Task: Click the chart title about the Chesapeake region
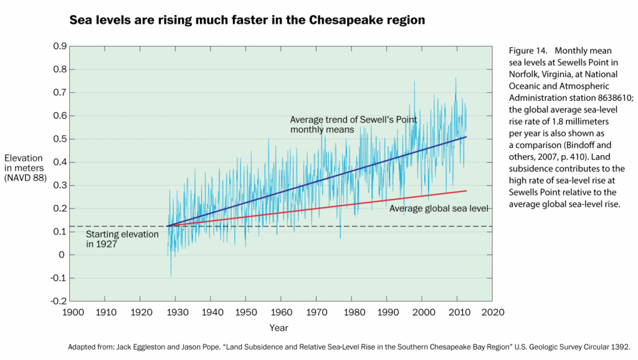point(247,21)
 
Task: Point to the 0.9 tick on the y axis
point(60,46)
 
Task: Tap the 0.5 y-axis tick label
point(60,139)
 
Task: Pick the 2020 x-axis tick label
point(493,311)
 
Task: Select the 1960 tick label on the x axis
point(281,311)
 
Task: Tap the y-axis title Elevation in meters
point(25,168)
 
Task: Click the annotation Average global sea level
point(438,208)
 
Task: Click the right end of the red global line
point(466,191)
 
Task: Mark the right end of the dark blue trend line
point(466,136)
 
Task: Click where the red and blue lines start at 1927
point(168,226)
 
